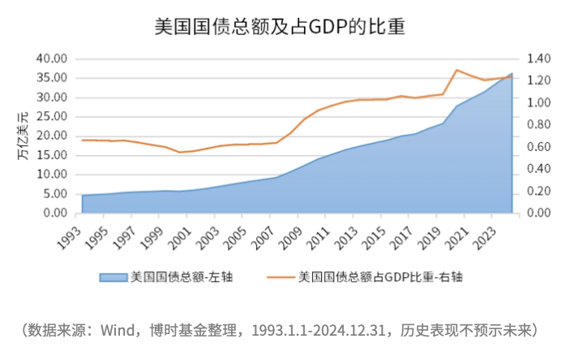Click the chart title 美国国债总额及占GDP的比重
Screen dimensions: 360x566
[x=279, y=26]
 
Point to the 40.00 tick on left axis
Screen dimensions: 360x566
[x=51, y=59]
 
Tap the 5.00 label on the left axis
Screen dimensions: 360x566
[x=54, y=194]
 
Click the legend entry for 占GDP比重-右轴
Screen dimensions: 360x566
[x=381, y=277]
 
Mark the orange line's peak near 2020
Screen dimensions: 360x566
[x=458, y=70]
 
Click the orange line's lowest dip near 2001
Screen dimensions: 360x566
[x=180, y=152]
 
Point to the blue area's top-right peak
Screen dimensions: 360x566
[x=512, y=74]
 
